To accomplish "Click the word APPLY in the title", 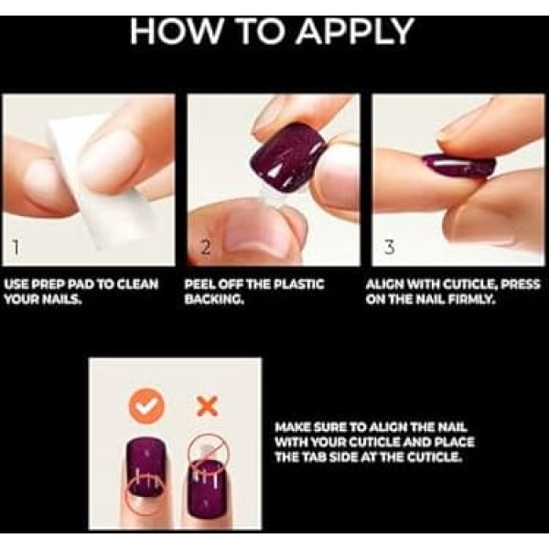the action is coord(355,31).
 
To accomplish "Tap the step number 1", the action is coord(15,248).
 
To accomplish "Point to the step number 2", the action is coord(206,248).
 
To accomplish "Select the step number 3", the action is coord(390,248).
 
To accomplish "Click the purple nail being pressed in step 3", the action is coord(458,168).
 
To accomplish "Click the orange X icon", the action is coord(209,406).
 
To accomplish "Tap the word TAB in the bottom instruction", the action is coord(318,457).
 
